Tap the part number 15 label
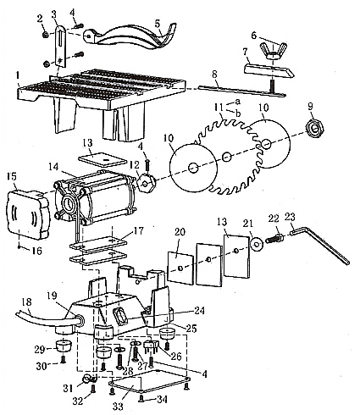pyautogui.click(x=12, y=177)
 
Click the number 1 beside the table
pyautogui.click(x=18, y=75)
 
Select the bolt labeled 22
pyautogui.click(x=274, y=236)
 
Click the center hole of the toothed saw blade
pyautogui.click(x=225, y=156)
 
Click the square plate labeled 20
pyautogui.click(x=180, y=267)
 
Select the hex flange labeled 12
pyautogui.click(x=146, y=184)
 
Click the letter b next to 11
pyautogui.click(x=238, y=113)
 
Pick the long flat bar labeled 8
pyautogui.click(x=242, y=91)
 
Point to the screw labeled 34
pyautogui.click(x=141, y=398)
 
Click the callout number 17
pyautogui.click(x=138, y=231)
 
